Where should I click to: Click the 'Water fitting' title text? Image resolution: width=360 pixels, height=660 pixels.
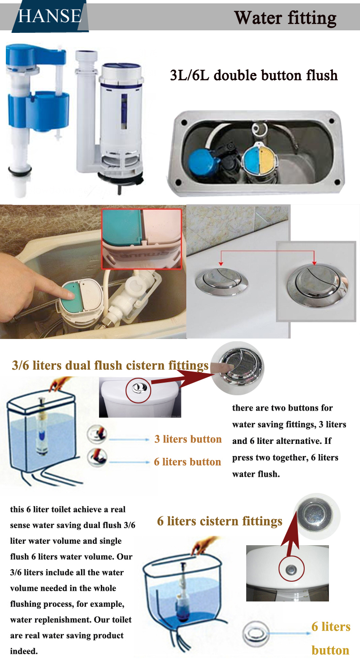[285, 18]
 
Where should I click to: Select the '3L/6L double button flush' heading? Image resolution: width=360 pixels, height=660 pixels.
[254, 75]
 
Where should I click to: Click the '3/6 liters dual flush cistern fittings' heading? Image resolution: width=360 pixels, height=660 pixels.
[110, 365]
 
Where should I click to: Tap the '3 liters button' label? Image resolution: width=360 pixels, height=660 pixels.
[188, 439]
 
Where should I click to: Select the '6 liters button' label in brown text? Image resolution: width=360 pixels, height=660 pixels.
[187, 462]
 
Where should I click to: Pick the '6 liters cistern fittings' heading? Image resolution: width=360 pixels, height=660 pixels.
[220, 521]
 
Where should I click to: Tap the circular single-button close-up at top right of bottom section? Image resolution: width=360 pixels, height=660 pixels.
[317, 515]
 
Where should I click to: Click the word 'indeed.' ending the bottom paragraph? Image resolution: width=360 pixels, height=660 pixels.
[24, 651]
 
